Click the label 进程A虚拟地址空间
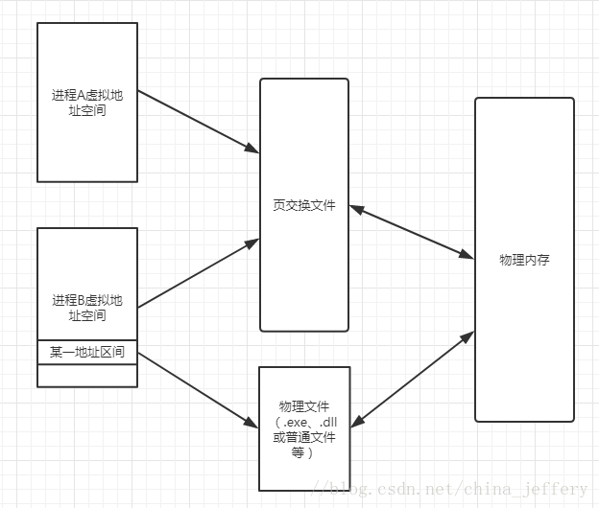(87, 103)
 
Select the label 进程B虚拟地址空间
(87, 308)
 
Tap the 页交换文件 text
(304, 205)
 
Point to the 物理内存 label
(524, 260)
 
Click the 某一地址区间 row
(87, 352)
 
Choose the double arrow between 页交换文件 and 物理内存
(412, 231)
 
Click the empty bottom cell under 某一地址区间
(87, 376)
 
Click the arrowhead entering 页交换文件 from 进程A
(252, 149)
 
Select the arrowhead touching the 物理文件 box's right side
(355, 421)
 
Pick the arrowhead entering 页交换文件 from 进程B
(252, 243)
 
